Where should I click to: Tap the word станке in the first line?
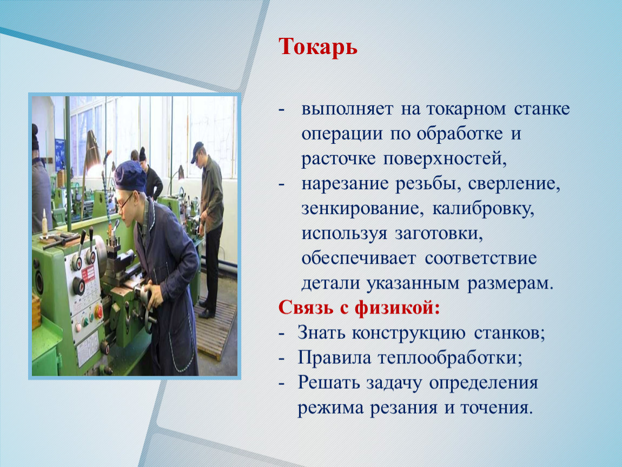click(x=542, y=109)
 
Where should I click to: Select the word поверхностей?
click(x=445, y=159)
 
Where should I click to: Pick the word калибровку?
click(x=483, y=209)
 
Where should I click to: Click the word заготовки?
click(x=439, y=234)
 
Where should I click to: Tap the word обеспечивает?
click(x=359, y=258)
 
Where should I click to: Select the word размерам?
click(x=509, y=284)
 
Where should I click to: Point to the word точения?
click(x=496, y=408)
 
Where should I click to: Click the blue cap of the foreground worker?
click(x=130, y=176)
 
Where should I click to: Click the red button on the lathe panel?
click(x=98, y=312)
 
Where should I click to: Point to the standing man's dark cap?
click(x=197, y=151)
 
